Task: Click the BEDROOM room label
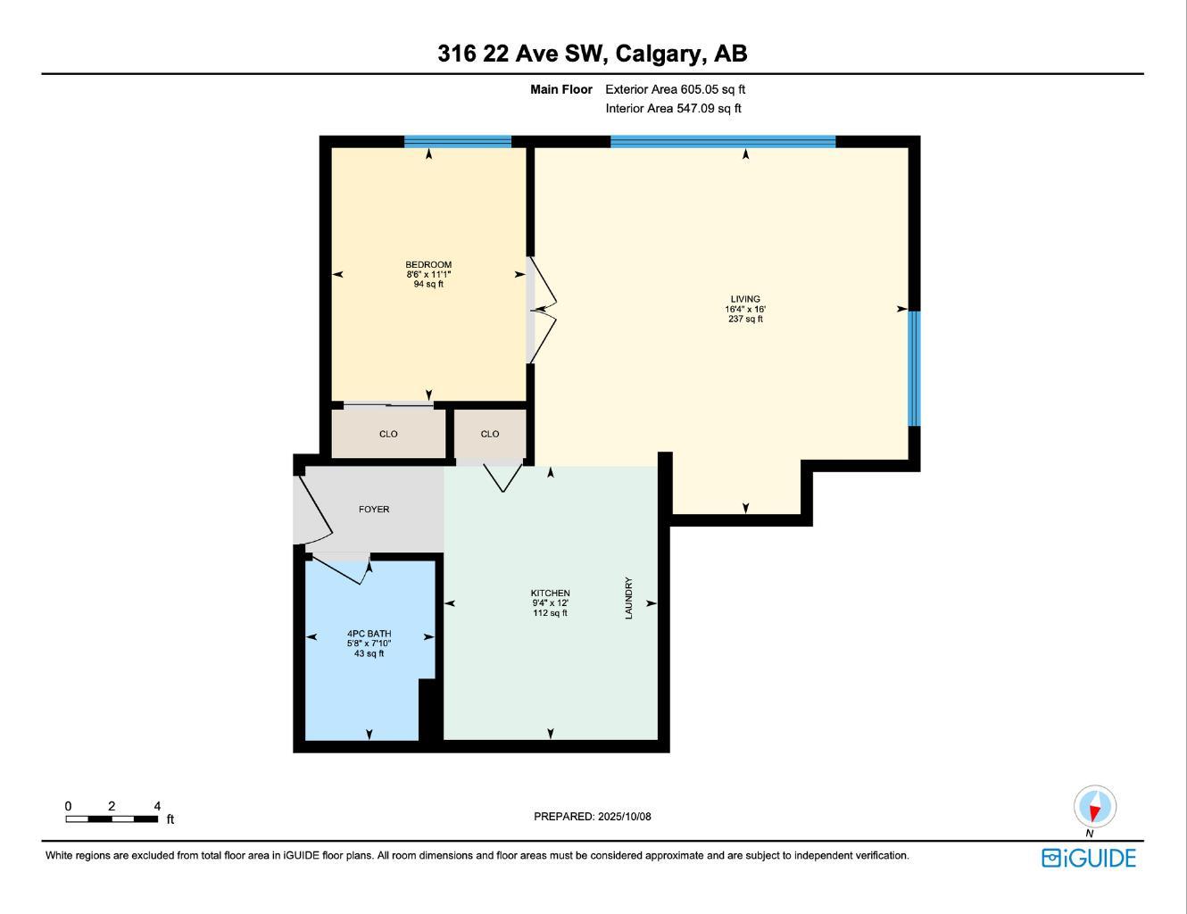coord(428,265)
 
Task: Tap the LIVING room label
coord(745,300)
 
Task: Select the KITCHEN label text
coord(550,594)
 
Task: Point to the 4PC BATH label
coord(369,634)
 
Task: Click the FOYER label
coord(374,510)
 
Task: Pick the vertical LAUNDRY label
coord(628,598)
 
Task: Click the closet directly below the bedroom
coord(388,434)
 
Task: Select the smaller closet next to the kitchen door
coord(490,434)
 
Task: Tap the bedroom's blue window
coord(458,141)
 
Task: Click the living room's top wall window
coord(723,141)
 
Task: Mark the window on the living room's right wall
coord(914,368)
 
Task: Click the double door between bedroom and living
coord(542,310)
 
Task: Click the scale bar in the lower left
coord(112,818)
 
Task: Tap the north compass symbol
coord(1094,808)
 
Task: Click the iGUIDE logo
coord(1089,858)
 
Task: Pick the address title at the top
coord(593,54)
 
